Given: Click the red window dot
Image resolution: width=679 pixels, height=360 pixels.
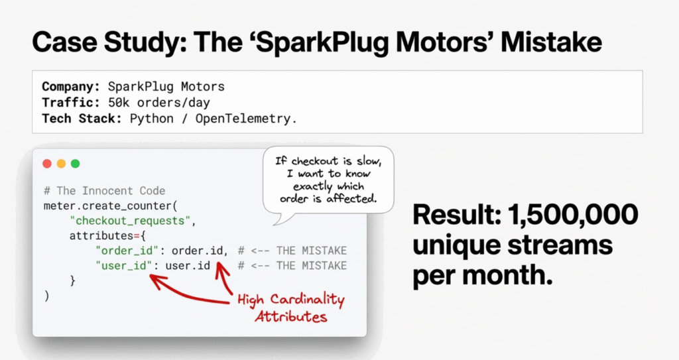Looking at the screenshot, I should (x=47, y=164).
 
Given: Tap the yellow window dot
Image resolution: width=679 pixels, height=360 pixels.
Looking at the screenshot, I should (x=61, y=164).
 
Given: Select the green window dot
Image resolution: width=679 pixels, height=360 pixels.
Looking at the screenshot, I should (x=75, y=164).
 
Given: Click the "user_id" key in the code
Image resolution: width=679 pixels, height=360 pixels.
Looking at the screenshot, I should (x=121, y=266).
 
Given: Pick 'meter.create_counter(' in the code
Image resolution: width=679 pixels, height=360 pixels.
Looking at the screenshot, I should (x=109, y=206).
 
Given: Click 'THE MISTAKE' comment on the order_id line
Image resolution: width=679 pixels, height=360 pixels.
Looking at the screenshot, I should (x=311, y=251).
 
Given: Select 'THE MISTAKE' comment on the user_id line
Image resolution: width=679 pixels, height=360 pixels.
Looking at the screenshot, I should (x=311, y=266).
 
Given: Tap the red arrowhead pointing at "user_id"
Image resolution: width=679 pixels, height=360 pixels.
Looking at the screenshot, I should (x=154, y=278).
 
